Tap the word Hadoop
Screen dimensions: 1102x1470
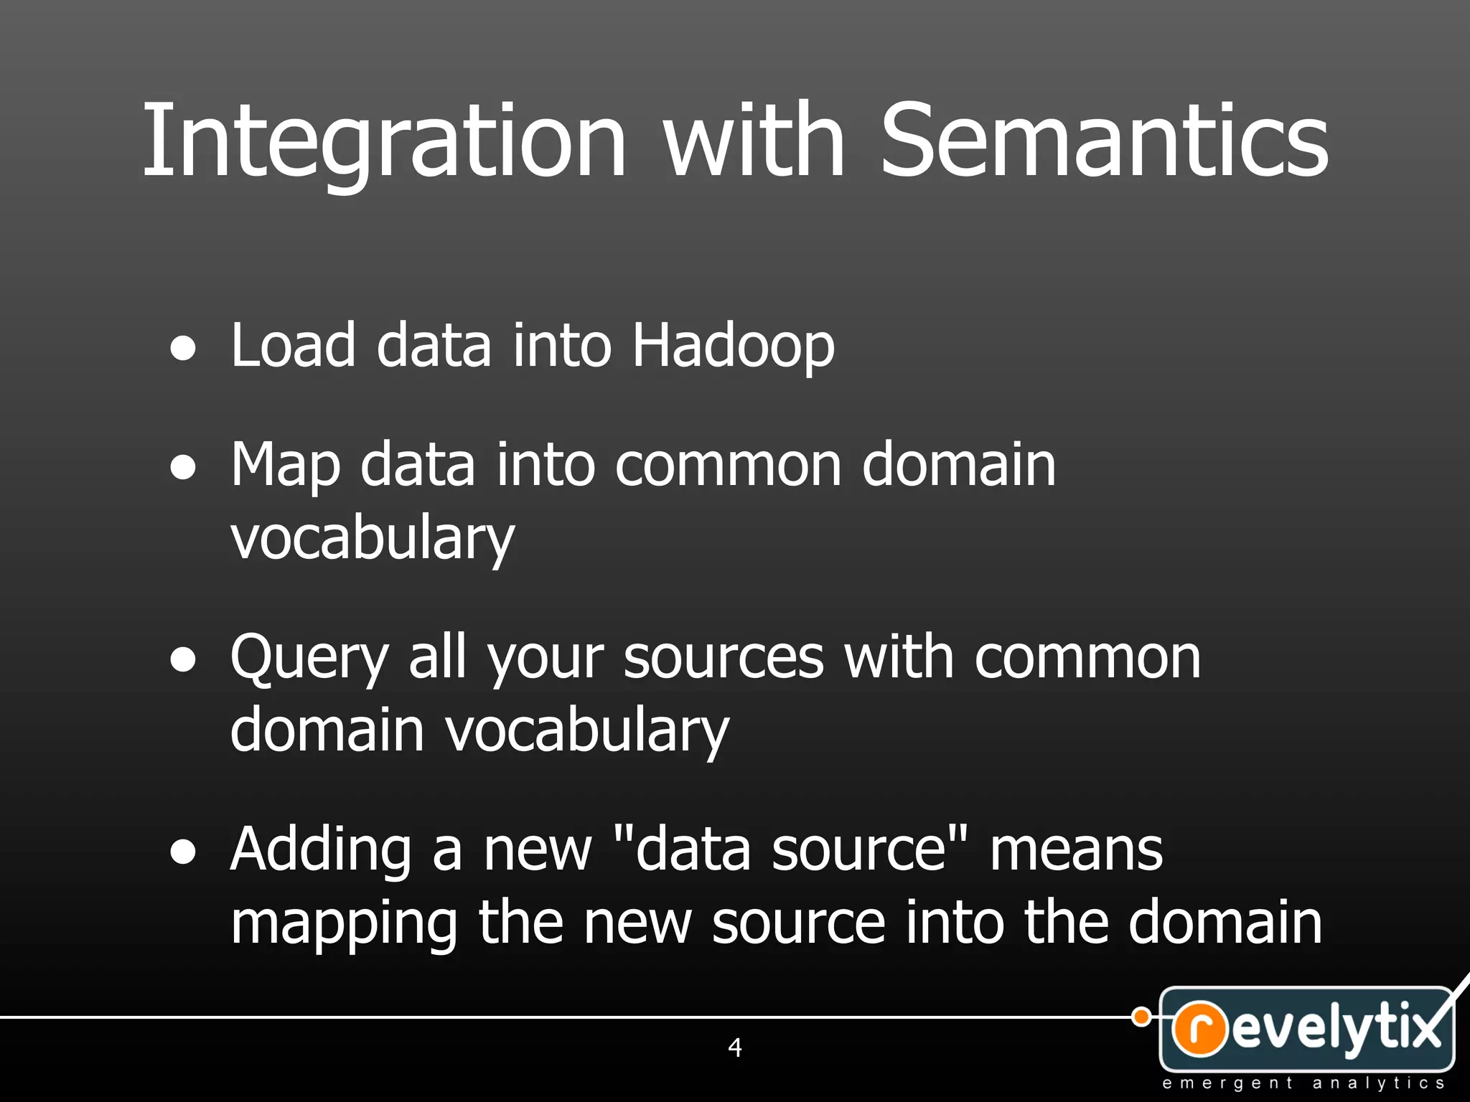(x=733, y=347)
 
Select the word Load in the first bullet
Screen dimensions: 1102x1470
(x=293, y=347)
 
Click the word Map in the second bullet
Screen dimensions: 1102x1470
(x=285, y=466)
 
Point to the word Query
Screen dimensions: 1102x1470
(x=309, y=659)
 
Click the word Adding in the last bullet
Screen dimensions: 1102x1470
(x=321, y=850)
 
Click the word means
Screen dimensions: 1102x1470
(x=1076, y=850)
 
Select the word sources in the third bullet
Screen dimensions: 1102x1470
(x=724, y=659)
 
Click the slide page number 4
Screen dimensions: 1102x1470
(x=734, y=1047)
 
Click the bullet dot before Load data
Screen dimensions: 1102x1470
(x=184, y=349)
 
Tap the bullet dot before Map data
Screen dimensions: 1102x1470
(x=184, y=468)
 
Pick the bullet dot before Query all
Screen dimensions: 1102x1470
(x=184, y=660)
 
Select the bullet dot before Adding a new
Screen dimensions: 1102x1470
(x=184, y=852)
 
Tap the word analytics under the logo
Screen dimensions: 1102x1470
(x=1378, y=1083)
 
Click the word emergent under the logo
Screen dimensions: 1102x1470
(x=1227, y=1083)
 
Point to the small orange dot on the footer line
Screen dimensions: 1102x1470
(x=1141, y=1017)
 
